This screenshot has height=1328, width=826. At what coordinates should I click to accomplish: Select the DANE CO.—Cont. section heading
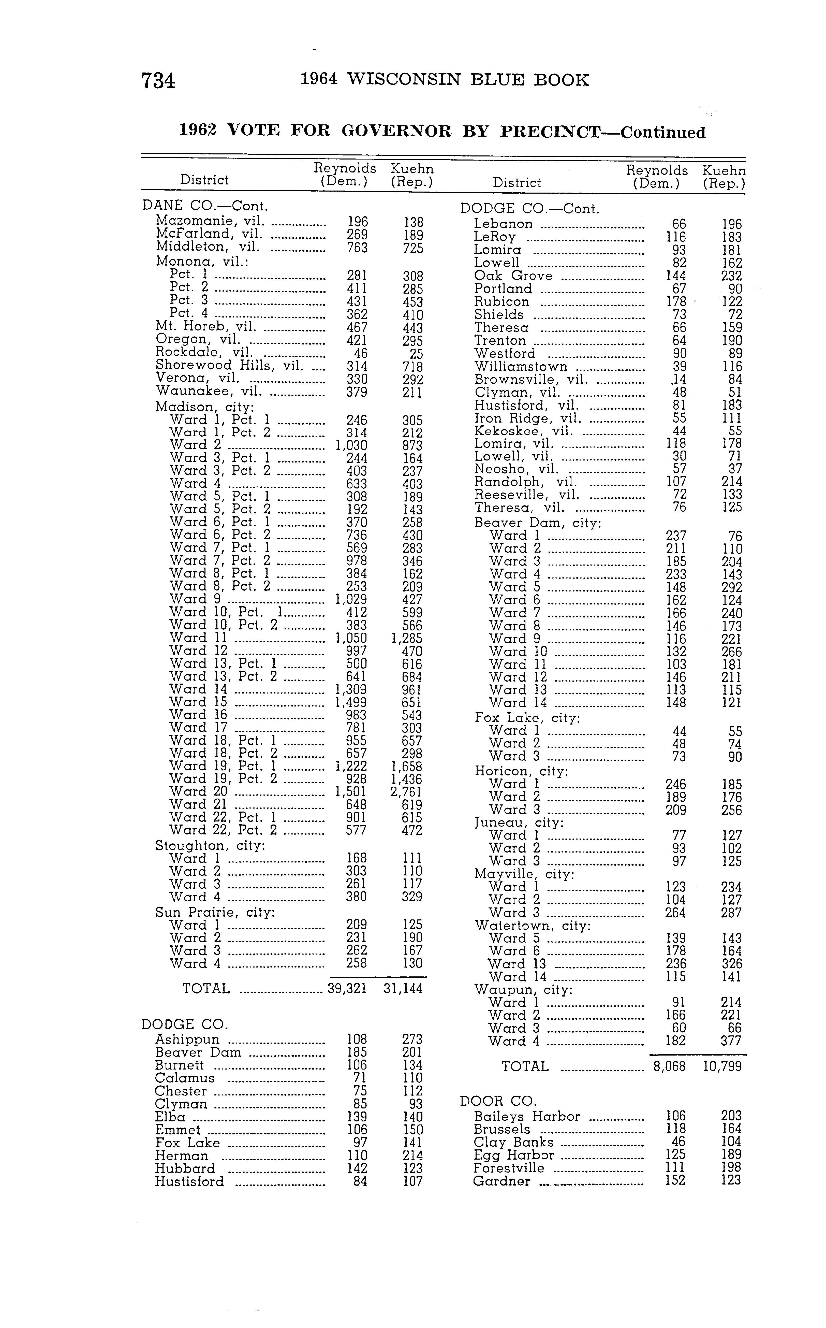click(205, 206)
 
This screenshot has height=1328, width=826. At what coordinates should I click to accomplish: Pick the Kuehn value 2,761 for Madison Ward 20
click(406, 792)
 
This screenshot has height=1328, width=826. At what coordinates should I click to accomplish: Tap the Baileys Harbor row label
click(527, 1117)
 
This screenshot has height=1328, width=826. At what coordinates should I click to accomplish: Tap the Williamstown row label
click(521, 367)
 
